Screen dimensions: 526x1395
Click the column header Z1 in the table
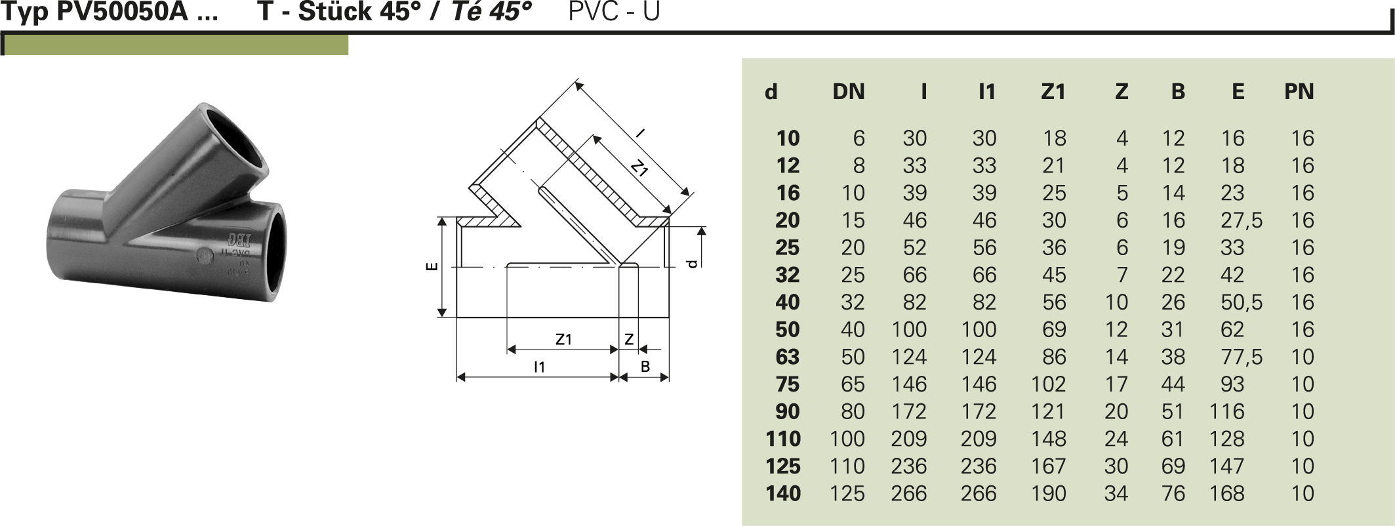coord(1053,92)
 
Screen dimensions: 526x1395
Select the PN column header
coord(1299,92)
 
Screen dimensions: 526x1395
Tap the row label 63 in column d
coord(787,357)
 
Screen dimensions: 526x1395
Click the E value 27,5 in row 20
coord(1241,220)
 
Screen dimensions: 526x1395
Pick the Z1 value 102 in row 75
coord(1048,384)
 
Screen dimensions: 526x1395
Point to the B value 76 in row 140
coord(1173,493)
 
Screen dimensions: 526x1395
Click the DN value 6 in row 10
coord(859,138)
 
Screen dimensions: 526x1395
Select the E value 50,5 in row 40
coord(1241,302)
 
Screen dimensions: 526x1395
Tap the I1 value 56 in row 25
coord(984,248)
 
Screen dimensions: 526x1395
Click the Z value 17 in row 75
coord(1116,384)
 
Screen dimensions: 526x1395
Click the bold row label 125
coord(783,466)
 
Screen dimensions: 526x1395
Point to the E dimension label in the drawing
coord(432,266)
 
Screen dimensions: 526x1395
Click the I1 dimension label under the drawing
coord(539,367)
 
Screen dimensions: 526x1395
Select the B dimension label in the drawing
coord(645,367)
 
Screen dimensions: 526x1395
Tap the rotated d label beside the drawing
coord(691,264)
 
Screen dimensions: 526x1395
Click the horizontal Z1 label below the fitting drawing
coord(563,340)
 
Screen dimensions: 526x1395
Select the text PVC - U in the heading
coord(613,12)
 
